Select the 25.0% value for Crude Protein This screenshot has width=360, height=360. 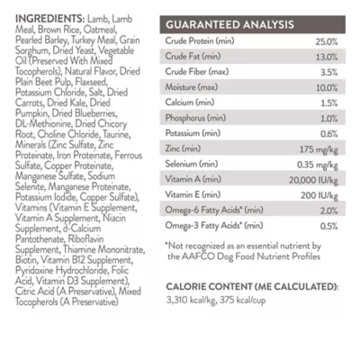(x=326, y=41)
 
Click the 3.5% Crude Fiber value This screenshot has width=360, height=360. (x=328, y=72)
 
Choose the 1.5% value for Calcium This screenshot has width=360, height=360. (x=328, y=103)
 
